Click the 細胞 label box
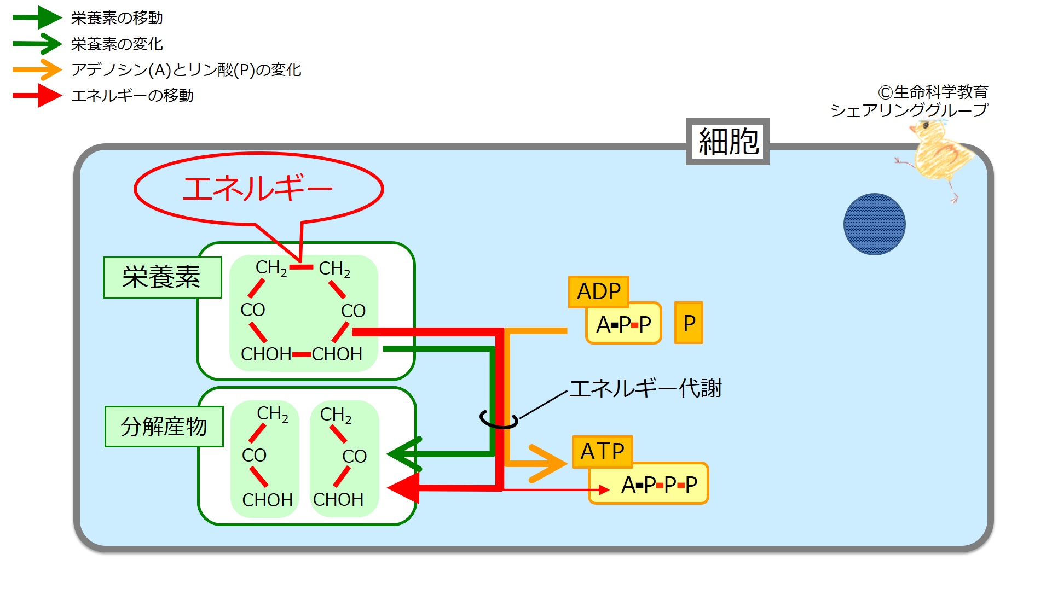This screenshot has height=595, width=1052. coord(727,142)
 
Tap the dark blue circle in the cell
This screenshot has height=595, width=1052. coord(874,224)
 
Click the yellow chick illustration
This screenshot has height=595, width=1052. coord(938,156)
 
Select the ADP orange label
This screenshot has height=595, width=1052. coord(599,291)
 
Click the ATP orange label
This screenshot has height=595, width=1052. coord(602,452)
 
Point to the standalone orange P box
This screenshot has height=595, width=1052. coord(689,323)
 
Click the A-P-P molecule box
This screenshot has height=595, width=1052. coord(623,324)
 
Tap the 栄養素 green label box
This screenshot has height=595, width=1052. coord(162,277)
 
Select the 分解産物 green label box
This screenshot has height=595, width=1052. coord(164,427)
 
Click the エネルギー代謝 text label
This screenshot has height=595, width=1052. coord(646,388)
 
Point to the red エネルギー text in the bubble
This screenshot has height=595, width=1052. coord(257,189)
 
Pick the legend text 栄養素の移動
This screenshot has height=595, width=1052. coord(117,18)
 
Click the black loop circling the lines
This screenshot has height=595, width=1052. coord(498,420)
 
